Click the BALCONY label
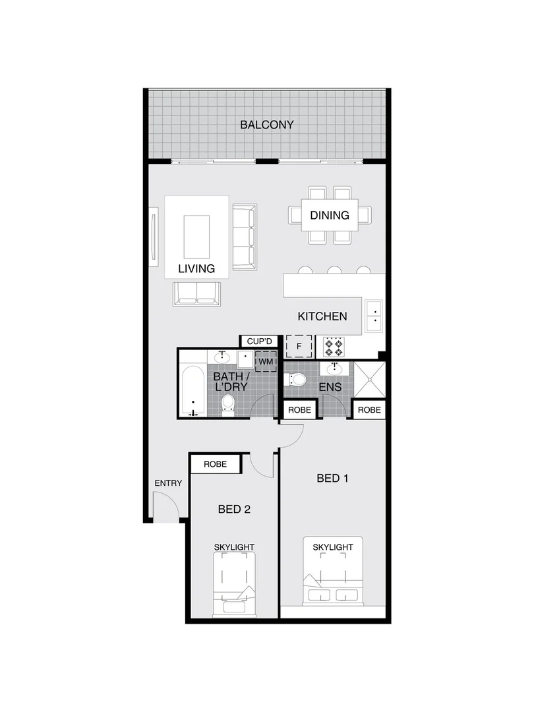coord(266,125)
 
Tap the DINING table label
coord(330,215)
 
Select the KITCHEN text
coord(322,316)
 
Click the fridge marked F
coord(299,346)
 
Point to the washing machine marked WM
coord(266,362)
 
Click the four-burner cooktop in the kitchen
coord(333,346)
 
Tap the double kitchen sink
coord(374,316)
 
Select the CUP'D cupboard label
coord(259,341)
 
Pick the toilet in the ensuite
coord(296,379)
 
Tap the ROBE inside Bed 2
coord(215,464)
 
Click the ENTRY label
coord(168,483)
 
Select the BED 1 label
coord(332,478)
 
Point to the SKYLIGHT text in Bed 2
coord(234,547)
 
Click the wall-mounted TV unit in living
coord(154,235)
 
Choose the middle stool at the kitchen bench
coord(334,270)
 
